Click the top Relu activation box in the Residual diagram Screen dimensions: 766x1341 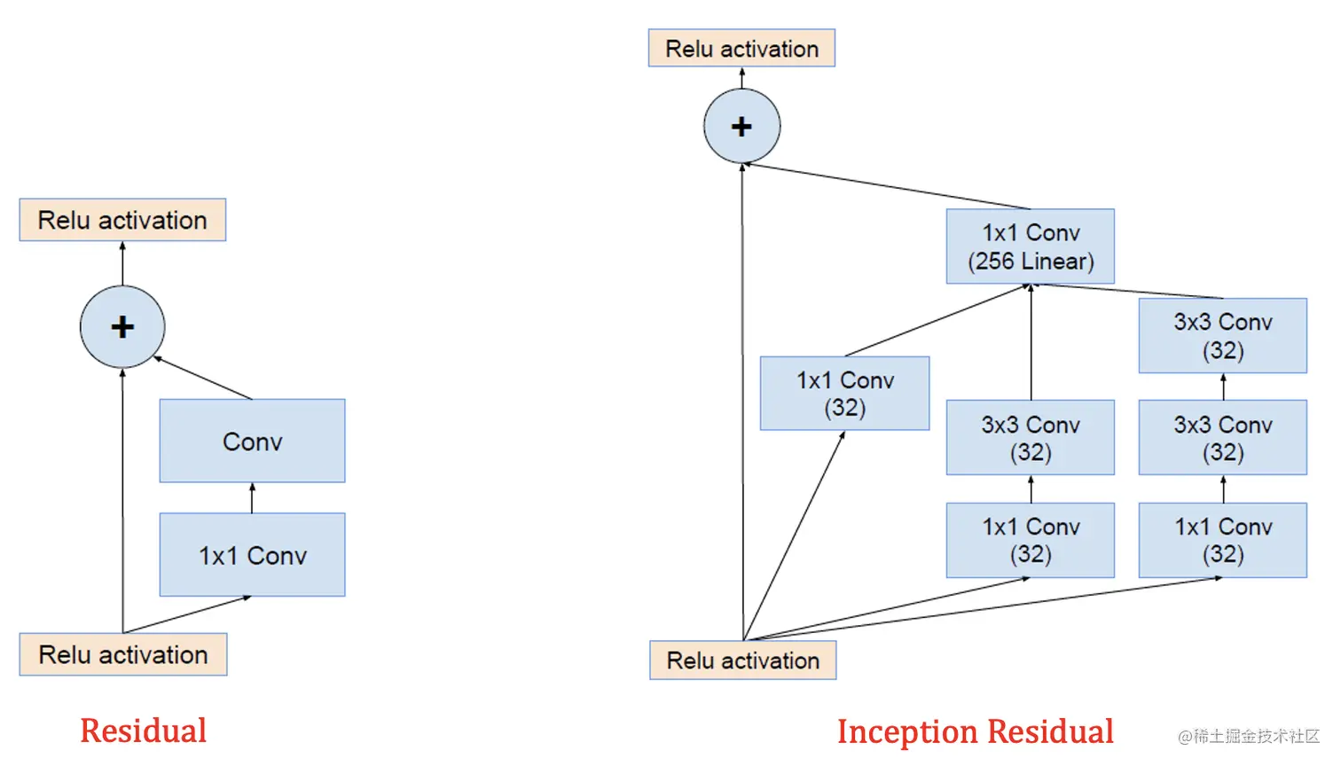point(122,220)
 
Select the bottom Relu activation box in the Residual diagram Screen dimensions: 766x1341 point(123,654)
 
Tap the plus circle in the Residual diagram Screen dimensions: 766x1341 point(122,327)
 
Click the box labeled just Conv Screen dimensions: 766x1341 point(252,441)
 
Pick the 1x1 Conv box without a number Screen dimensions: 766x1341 point(252,555)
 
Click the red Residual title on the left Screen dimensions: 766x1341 point(143,731)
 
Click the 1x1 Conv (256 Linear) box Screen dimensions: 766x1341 point(1030,246)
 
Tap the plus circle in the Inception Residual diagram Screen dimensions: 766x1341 point(741,126)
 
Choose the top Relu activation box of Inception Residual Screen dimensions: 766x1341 point(741,49)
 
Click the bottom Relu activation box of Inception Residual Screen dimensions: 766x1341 point(742,660)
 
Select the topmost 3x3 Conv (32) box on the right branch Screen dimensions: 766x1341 point(1222,335)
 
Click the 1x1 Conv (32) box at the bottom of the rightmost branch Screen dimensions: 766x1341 point(1222,540)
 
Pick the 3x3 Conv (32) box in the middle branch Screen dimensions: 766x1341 point(1030,438)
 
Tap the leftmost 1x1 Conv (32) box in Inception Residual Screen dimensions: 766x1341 point(844,394)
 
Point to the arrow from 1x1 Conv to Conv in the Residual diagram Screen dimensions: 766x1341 point(252,498)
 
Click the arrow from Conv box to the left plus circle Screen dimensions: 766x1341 point(204,379)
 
